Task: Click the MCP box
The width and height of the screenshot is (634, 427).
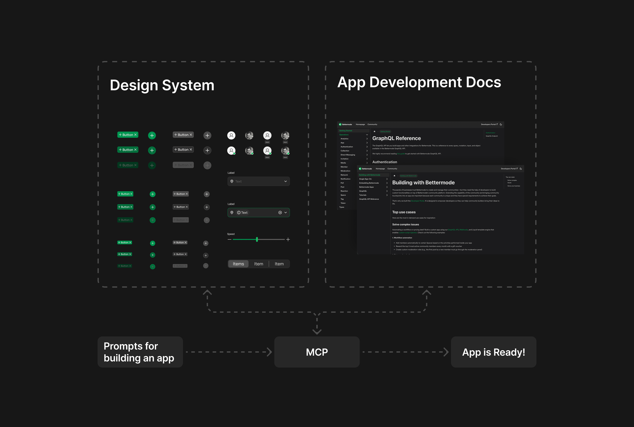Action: tap(317, 352)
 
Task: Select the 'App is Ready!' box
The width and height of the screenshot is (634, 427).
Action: tap(493, 352)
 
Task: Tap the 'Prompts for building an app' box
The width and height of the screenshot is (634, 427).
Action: tap(140, 352)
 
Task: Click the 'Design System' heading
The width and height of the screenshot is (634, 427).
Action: tap(162, 85)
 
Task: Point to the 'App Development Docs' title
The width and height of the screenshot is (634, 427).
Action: tap(419, 82)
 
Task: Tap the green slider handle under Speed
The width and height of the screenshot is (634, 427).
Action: tap(257, 239)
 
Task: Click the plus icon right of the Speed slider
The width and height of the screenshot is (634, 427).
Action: tap(288, 239)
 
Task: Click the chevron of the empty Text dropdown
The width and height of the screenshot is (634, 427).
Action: tap(285, 181)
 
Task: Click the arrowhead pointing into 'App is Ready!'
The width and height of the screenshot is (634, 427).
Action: tap(446, 352)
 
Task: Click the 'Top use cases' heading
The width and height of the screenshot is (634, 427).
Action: tap(404, 212)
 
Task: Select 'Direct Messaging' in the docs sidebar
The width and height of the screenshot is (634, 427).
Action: tap(348, 155)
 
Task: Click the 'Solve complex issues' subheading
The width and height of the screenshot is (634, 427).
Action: tap(405, 224)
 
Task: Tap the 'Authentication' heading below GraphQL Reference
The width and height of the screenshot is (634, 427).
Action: tap(384, 162)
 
